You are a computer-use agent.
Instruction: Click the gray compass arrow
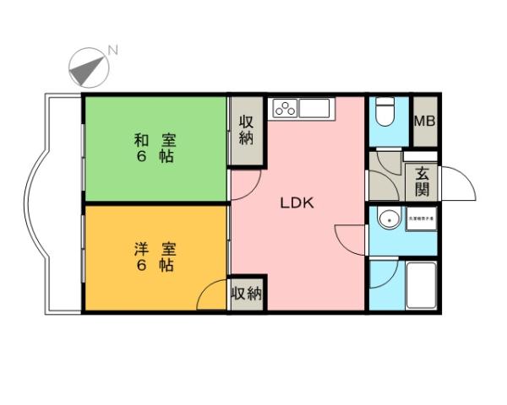click(87, 68)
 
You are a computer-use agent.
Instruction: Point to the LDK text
click(297, 203)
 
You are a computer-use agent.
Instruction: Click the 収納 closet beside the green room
click(247, 130)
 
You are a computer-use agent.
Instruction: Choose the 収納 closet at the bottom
click(247, 294)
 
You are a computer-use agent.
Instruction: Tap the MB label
click(424, 121)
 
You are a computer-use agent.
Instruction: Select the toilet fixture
click(384, 112)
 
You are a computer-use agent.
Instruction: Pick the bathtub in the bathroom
click(419, 286)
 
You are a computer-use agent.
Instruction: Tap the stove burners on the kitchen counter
click(285, 109)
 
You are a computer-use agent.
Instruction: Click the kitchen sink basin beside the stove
click(314, 109)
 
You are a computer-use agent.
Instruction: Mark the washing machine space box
click(421, 218)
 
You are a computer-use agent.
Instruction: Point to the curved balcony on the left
click(52, 203)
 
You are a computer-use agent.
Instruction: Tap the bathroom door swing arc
click(382, 273)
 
